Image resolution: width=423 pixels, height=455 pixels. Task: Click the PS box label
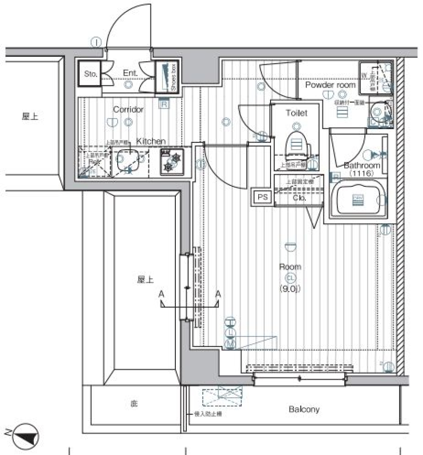[263, 197]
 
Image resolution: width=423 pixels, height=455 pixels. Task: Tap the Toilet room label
[297, 113]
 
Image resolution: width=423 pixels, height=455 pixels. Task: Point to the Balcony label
[304, 409]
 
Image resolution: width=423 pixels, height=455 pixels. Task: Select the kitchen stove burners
[171, 161]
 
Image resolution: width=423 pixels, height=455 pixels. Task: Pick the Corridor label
[128, 110]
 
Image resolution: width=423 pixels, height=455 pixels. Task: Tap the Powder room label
[330, 85]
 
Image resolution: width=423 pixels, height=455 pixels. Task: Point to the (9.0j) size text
[290, 289]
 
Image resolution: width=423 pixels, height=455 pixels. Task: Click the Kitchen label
[151, 141]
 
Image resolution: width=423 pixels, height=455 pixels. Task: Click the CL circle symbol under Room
[290, 278]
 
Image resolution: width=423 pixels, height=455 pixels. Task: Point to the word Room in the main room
[290, 267]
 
